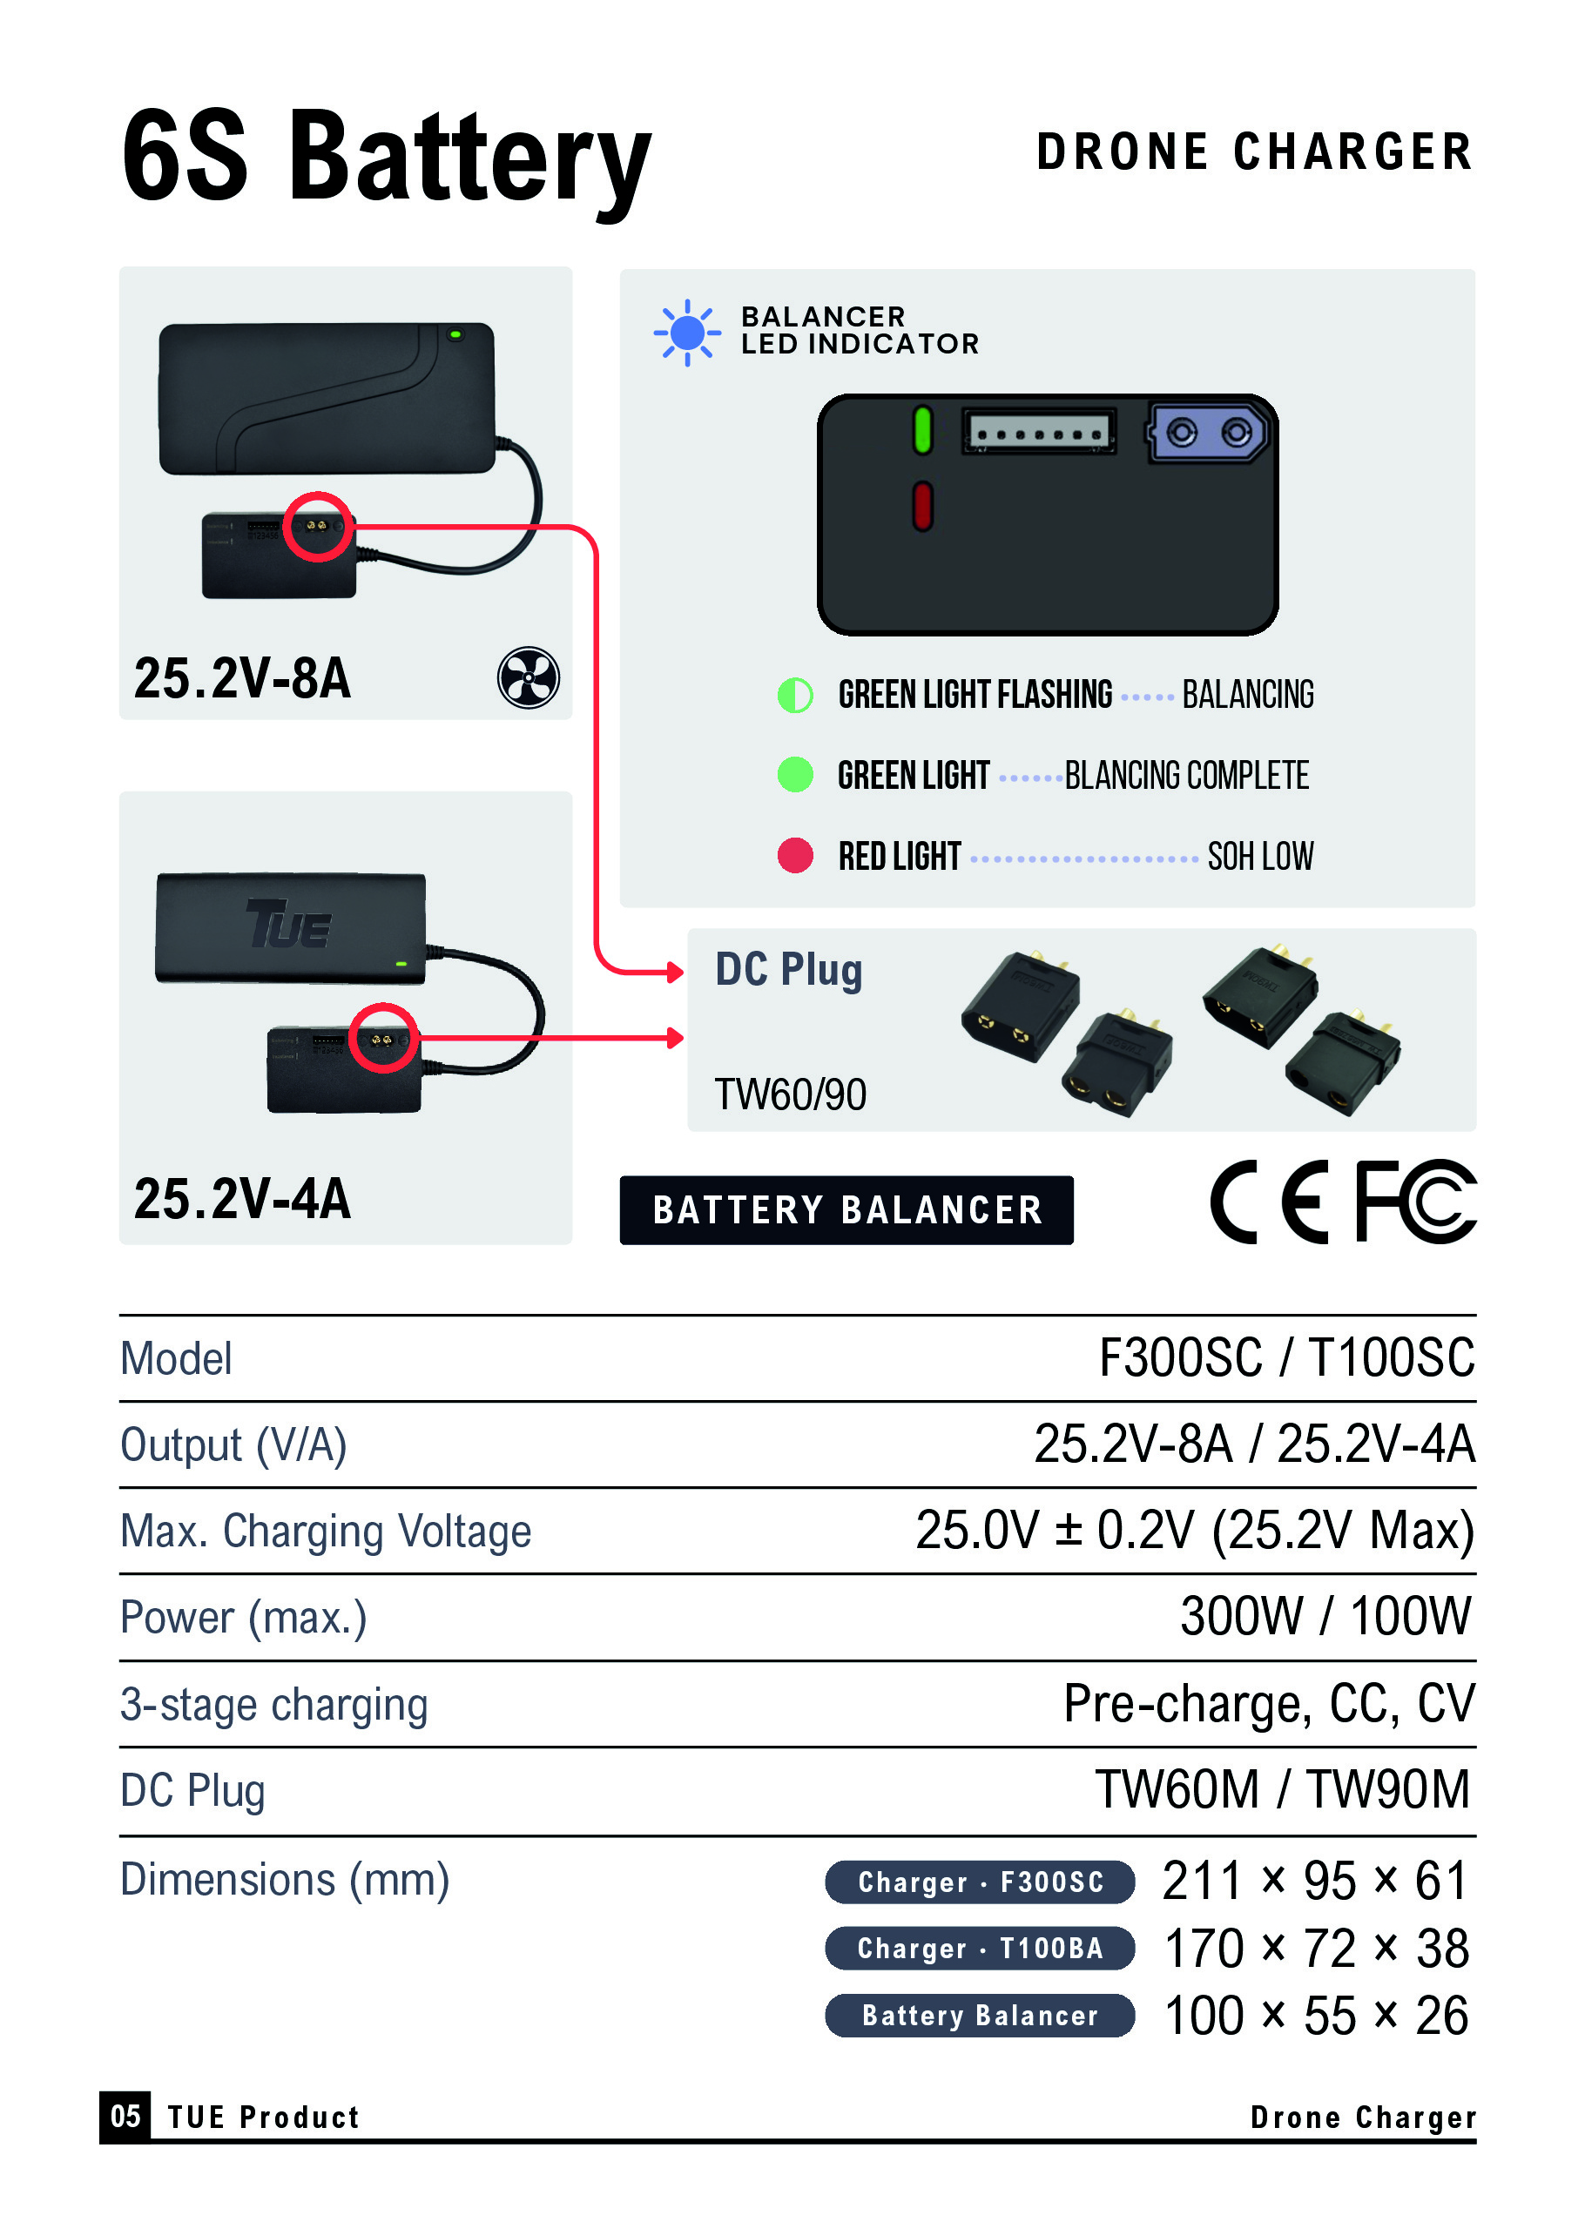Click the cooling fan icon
pos(528,677)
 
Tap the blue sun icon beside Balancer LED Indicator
pos(687,333)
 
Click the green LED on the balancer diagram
pos(922,430)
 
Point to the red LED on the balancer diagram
pos(922,507)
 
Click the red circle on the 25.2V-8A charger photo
pos(318,493)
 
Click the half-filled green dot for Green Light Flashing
pos(795,695)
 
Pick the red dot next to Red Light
pos(795,855)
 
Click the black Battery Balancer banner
pos(846,1210)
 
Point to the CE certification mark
pos(1269,1202)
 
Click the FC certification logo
pos(1416,1202)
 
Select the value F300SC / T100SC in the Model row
pos(1286,1357)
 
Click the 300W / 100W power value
pos(1325,1616)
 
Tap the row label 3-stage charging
pos(274,1705)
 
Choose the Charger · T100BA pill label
pos(980,1948)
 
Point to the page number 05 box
pos(125,2116)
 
